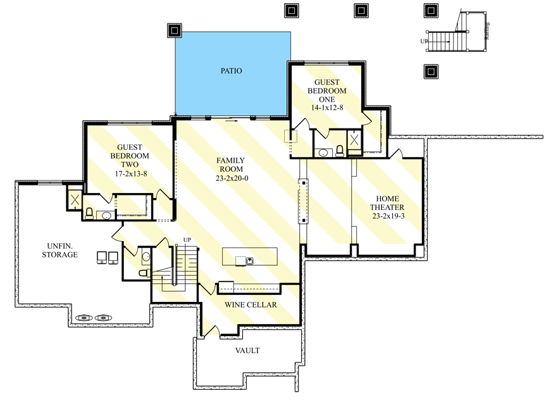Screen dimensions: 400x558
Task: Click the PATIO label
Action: [x=232, y=71]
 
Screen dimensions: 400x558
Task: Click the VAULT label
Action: [x=247, y=351]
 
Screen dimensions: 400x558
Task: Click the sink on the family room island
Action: [x=250, y=260]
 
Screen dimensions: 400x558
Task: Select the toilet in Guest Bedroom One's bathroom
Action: [x=340, y=151]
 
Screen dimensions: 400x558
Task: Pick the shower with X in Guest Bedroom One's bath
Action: [x=354, y=141]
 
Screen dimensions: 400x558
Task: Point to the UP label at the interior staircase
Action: [x=187, y=240]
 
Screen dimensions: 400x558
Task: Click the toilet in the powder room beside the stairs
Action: [x=144, y=273]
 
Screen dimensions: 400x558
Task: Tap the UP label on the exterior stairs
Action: [x=425, y=41]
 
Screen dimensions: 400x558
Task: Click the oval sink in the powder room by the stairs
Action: [x=146, y=257]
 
